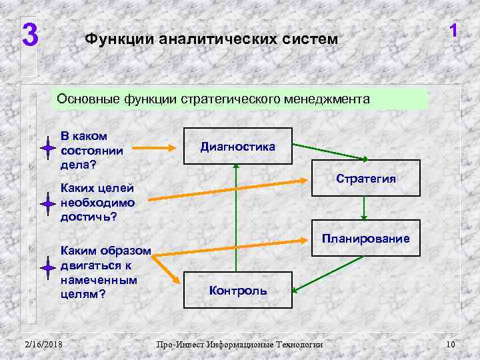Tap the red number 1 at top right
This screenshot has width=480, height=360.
click(453, 31)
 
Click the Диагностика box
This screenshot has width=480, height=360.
click(238, 146)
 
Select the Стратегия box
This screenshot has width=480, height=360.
click(367, 178)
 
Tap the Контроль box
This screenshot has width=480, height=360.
click(238, 290)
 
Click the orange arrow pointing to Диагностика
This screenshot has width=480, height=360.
click(157, 147)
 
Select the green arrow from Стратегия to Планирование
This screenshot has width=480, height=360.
click(363, 208)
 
